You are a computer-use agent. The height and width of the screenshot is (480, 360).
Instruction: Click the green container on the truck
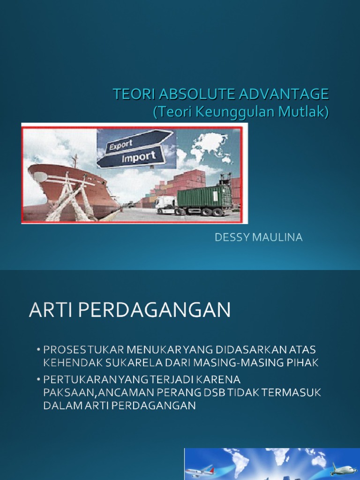point(204,197)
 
